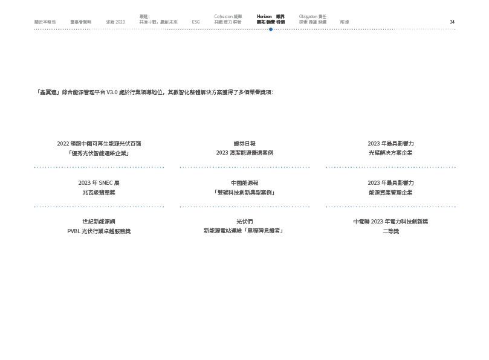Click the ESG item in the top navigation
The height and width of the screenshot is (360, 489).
click(196, 22)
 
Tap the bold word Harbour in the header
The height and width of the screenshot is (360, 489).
click(265, 16)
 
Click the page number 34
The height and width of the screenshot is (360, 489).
click(452, 22)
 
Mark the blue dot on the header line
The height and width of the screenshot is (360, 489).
click(271, 29)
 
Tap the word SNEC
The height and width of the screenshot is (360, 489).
click(102, 182)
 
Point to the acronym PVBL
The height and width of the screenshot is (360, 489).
click(74, 231)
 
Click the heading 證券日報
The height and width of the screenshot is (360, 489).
click(244, 144)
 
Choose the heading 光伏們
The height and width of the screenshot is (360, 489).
click(244, 222)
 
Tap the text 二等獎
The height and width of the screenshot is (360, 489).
click(390, 231)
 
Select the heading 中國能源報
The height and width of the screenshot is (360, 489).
click(244, 182)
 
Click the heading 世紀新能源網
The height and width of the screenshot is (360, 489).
click(99, 222)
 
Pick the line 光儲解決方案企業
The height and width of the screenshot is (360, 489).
click(390, 153)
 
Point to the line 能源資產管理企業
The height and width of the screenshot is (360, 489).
click(390, 192)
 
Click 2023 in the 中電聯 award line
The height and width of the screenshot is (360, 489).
click(377, 222)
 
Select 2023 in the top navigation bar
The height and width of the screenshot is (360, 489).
click(120, 22)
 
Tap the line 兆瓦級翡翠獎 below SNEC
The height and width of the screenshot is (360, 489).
click(99, 192)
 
